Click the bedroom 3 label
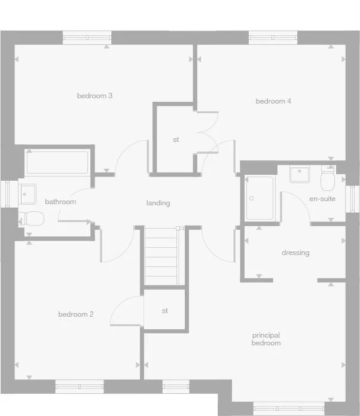click(x=95, y=96)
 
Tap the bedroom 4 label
click(x=273, y=101)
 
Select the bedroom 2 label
click(x=75, y=314)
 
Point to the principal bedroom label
click(x=266, y=339)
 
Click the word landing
click(x=158, y=203)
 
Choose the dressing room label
click(x=295, y=253)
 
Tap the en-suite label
click(x=322, y=198)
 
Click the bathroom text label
click(x=60, y=202)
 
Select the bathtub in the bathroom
click(x=57, y=162)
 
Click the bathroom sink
click(x=28, y=193)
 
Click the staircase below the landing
click(x=161, y=256)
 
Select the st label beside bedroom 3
click(x=176, y=139)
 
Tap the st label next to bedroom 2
click(x=165, y=311)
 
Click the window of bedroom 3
click(x=87, y=37)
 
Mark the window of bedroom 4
click(x=273, y=37)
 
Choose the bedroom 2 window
click(x=79, y=387)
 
